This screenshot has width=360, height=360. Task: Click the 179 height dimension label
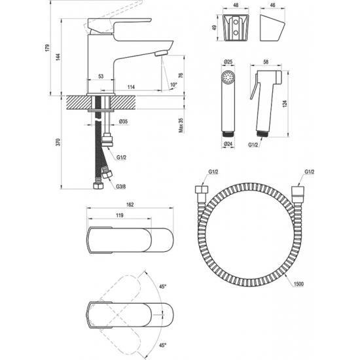pos(47,48)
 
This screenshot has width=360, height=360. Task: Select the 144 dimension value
pos(58,57)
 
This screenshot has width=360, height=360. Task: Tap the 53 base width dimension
pos(101,76)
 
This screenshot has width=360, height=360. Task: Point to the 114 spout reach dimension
pos(131,87)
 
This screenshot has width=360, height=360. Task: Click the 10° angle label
pos(174,84)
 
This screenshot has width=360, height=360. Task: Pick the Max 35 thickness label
pos(181,126)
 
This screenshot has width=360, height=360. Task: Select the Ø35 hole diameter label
pos(123,122)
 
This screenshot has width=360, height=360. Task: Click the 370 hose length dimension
pos(58,142)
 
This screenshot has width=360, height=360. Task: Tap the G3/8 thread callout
pos(121,187)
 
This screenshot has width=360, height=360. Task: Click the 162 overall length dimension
pos(130,205)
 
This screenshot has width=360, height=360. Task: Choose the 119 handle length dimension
pos(120,215)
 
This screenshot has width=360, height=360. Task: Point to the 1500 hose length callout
pos(298,284)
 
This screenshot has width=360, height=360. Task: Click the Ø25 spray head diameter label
pos(228,62)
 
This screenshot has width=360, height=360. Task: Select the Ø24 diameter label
pos(228,144)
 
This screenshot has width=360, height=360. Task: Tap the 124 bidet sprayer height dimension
pos(285,104)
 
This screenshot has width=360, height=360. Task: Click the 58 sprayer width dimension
pos(266,62)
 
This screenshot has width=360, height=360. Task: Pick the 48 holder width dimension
pos(236,5)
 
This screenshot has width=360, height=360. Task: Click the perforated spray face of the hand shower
pos(228,77)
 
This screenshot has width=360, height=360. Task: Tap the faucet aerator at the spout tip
pos(162,53)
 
